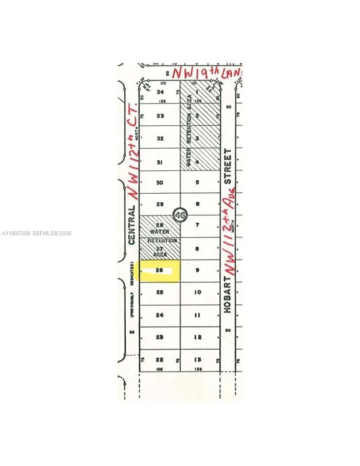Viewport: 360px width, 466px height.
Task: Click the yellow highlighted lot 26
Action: pyautogui.click(x=159, y=271)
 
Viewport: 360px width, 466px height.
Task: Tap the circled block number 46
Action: pyautogui.click(x=180, y=215)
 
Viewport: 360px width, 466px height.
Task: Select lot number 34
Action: pyautogui.click(x=160, y=92)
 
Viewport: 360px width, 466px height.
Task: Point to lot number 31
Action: pyautogui.click(x=160, y=162)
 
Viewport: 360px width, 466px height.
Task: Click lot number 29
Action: pyautogui.click(x=160, y=204)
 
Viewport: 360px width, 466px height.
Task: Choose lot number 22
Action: pyautogui.click(x=160, y=359)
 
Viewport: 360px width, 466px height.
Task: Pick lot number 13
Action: pyautogui.click(x=198, y=359)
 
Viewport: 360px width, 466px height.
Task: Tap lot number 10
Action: pyautogui.click(x=198, y=292)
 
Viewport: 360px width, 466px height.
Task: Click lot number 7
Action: pyautogui.click(x=198, y=225)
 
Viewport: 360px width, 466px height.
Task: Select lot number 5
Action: pyautogui.click(x=198, y=182)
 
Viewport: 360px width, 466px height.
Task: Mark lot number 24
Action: pyautogui.click(x=160, y=315)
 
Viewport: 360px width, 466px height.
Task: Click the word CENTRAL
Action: pyautogui.click(x=131, y=225)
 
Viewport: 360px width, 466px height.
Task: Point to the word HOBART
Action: pyautogui.click(x=227, y=295)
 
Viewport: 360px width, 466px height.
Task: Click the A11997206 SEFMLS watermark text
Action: pyautogui.click(x=37, y=233)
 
